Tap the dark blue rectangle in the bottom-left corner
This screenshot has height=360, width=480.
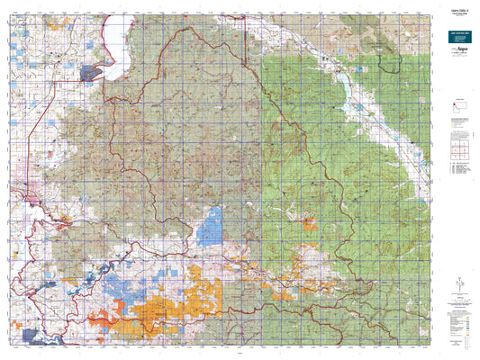[x=37, y=336]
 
